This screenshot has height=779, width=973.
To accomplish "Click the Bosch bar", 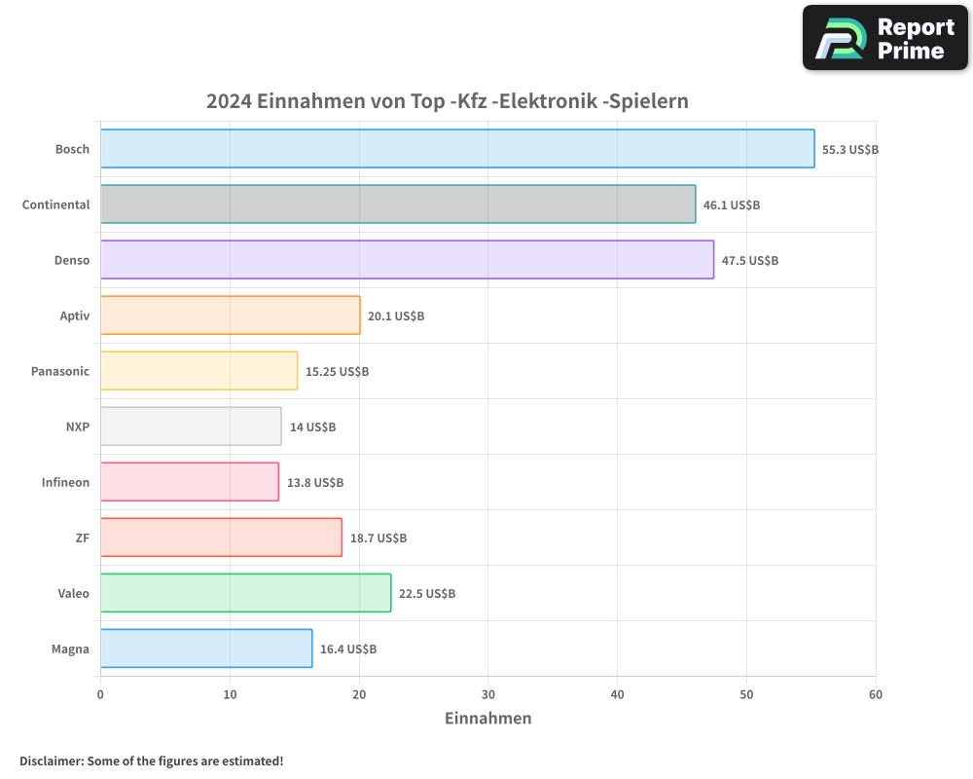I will click(x=457, y=149).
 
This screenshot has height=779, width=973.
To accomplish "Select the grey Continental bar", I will click(x=398, y=204).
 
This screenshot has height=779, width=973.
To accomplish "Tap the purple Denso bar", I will click(x=407, y=260).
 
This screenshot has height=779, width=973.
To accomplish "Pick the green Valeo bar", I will click(x=245, y=593).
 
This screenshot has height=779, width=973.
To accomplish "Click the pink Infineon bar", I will click(x=190, y=482).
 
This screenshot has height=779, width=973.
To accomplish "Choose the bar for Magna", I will click(x=206, y=649).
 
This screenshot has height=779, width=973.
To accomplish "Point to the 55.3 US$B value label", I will click(x=850, y=150).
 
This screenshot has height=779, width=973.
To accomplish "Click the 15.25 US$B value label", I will click(x=338, y=372).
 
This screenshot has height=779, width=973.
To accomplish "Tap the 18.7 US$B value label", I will click(x=378, y=538).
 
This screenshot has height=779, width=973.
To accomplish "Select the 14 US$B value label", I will click(x=312, y=427).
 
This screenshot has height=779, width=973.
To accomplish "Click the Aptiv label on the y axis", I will click(x=74, y=315).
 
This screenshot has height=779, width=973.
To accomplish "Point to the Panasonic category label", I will click(x=60, y=371).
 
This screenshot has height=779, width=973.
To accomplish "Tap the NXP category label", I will click(x=78, y=427).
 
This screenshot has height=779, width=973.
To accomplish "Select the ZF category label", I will click(x=82, y=538).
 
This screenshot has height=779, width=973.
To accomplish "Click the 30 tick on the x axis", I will click(x=488, y=694).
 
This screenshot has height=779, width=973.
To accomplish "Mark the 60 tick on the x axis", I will click(x=876, y=694).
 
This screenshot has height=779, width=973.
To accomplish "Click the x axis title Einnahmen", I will click(x=487, y=719).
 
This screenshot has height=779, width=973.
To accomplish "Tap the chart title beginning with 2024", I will click(x=448, y=101).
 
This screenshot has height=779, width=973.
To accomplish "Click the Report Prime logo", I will click(x=884, y=38).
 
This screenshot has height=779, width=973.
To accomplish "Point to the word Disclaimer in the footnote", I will click(x=51, y=760).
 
